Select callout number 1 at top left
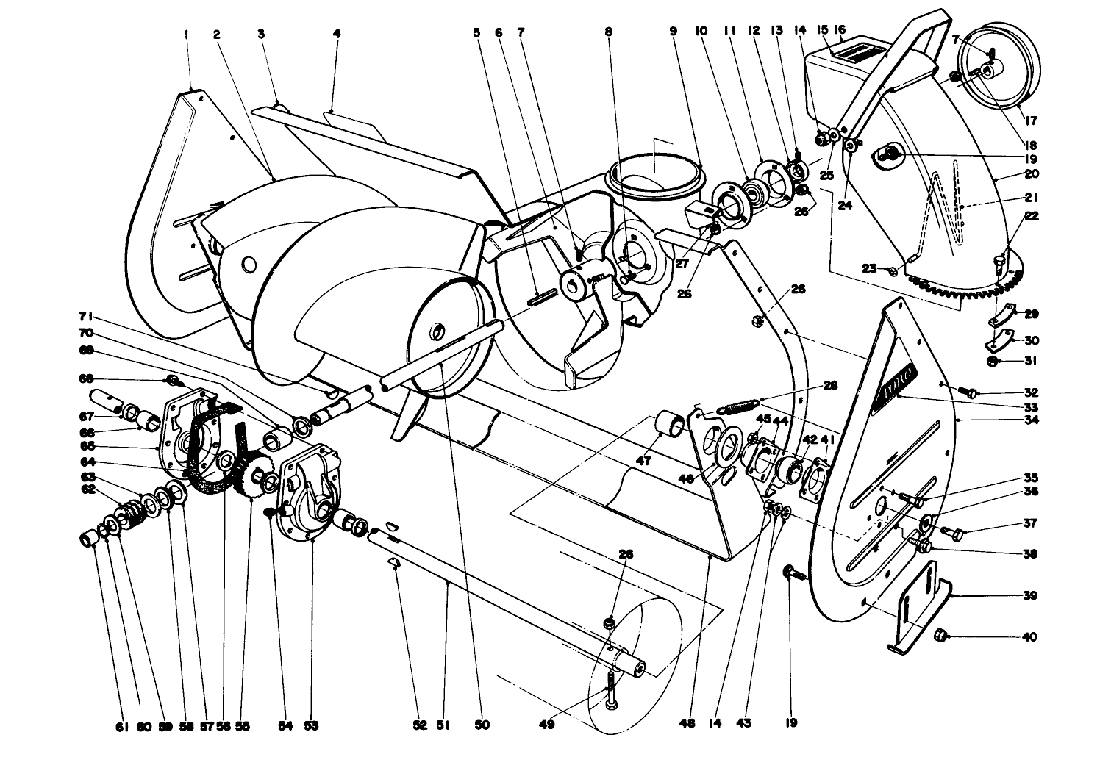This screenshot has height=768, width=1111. pyautogui.click(x=187, y=34)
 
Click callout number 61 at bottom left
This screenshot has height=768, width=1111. pyautogui.click(x=122, y=727)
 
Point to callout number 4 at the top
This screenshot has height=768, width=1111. pyautogui.click(x=336, y=34)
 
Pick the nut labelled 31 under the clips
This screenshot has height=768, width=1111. pyautogui.click(x=993, y=362)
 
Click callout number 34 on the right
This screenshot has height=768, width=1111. pyautogui.click(x=1031, y=421)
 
